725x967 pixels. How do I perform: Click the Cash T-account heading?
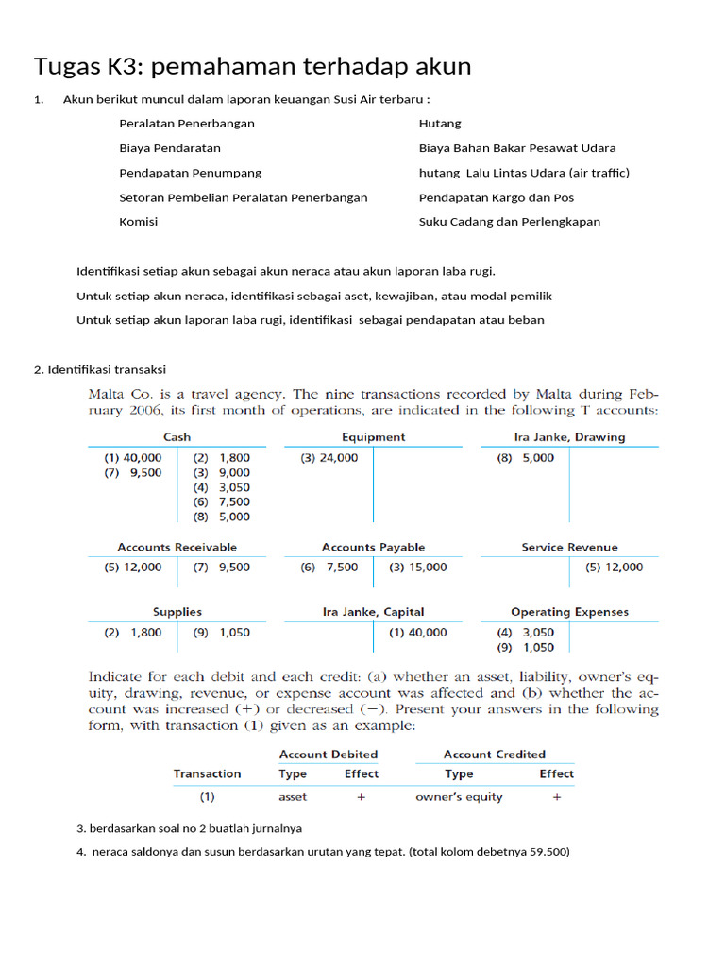tap(177, 437)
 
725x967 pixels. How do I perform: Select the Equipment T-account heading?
tap(374, 437)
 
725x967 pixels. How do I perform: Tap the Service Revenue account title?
tap(569, 547)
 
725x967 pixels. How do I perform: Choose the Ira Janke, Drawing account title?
tap(569, 437)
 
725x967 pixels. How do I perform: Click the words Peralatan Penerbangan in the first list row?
tap(187, 124)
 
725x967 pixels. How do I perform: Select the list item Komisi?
tap(139, 222)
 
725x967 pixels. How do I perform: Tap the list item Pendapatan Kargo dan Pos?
tap(497, 197)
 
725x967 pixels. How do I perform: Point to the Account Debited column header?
tap(329, 755)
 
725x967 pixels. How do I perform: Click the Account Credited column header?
tap(495, 755)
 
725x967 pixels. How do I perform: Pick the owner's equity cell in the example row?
tap(459, 797)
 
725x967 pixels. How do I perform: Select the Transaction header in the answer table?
tap(207, 773)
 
